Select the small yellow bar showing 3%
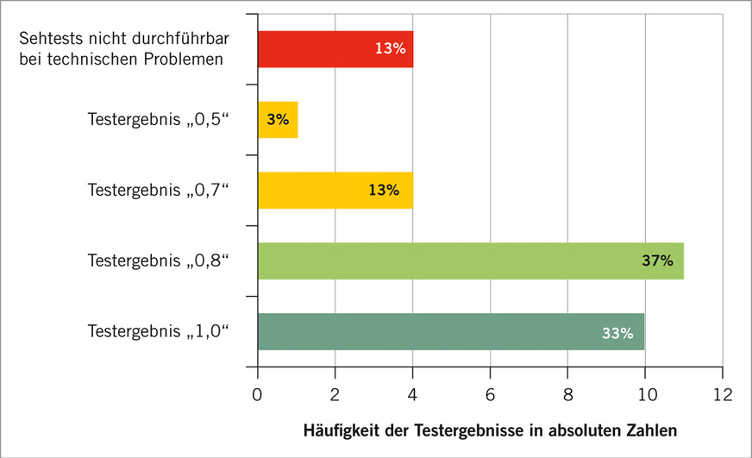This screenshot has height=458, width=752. click(278, 120)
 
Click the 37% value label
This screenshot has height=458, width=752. click(657, 260)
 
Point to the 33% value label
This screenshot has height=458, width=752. click(617, 332)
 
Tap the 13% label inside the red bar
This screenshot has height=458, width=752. click(390, 49)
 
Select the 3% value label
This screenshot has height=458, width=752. click(278, 120)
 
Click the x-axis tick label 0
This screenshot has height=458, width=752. click(258, 394)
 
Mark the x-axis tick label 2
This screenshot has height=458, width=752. click(335, 394)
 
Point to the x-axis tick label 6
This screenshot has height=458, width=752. click(490, 394)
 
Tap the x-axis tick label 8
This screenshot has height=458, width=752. click(567, 394)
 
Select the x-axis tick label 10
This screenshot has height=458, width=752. click(644, 394)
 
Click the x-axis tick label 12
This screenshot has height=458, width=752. click(722, 394)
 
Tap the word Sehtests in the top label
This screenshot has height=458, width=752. click(49, 39)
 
